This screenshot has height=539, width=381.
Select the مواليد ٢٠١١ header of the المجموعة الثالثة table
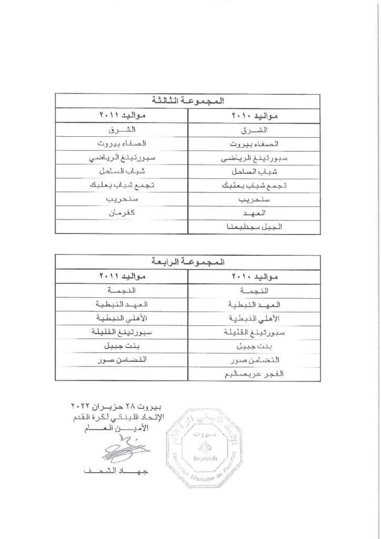tap(123, 115)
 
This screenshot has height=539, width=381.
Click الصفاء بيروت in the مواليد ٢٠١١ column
tap(123, 143)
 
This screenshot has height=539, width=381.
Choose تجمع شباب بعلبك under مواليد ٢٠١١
tap(123, 184)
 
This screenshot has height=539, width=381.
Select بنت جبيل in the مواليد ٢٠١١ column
tap(123, 345)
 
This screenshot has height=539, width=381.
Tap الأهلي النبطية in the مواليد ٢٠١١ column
tap(123, 318)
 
